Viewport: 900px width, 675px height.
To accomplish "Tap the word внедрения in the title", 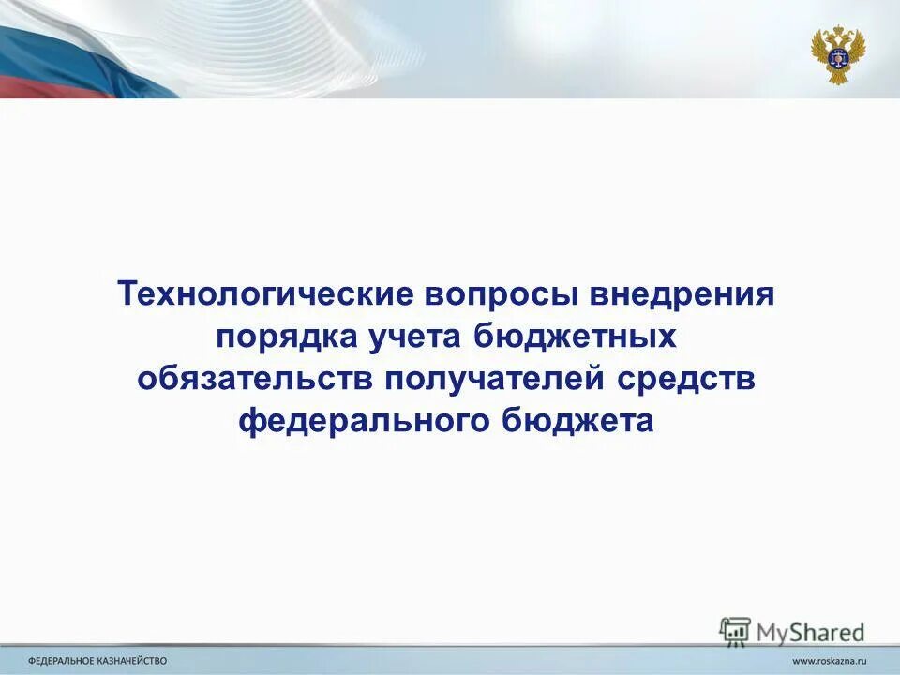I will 683,294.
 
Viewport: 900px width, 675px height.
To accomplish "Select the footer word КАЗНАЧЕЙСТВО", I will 135,661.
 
